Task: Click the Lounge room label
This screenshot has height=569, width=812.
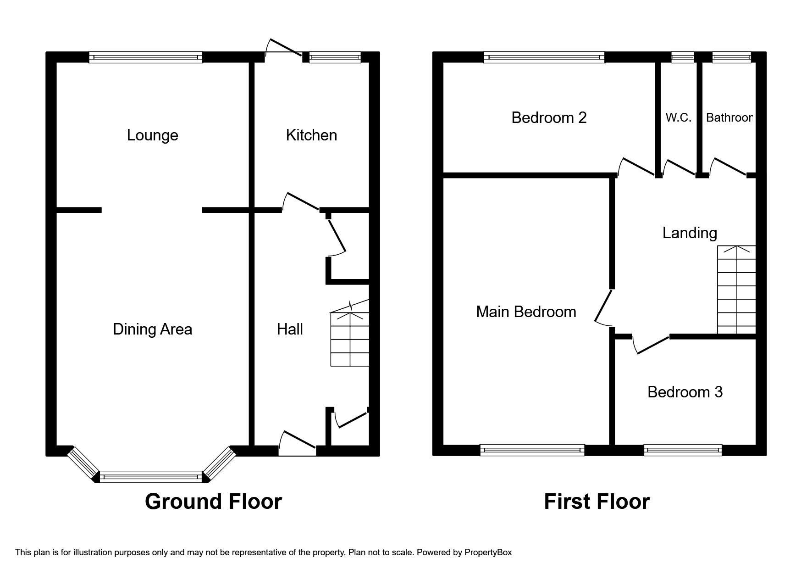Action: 152,135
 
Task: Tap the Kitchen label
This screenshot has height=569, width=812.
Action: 311,135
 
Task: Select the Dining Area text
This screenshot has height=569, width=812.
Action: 152,329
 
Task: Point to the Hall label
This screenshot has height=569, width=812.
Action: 290,329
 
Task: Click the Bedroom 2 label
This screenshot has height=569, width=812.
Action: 549,118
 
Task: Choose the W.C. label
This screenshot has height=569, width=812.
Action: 678,118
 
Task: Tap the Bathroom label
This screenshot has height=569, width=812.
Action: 729,118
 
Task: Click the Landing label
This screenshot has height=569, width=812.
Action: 690,233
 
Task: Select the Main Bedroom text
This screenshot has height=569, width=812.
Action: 526,312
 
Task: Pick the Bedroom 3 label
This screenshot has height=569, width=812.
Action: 685,392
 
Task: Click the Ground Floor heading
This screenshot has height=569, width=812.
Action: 213,502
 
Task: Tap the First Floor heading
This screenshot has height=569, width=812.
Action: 597,502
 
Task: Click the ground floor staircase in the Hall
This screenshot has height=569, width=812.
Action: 350,340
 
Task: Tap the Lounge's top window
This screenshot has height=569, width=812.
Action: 145,57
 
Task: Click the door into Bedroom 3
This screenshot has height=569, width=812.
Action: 651,345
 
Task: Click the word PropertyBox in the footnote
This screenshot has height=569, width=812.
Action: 488,552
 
